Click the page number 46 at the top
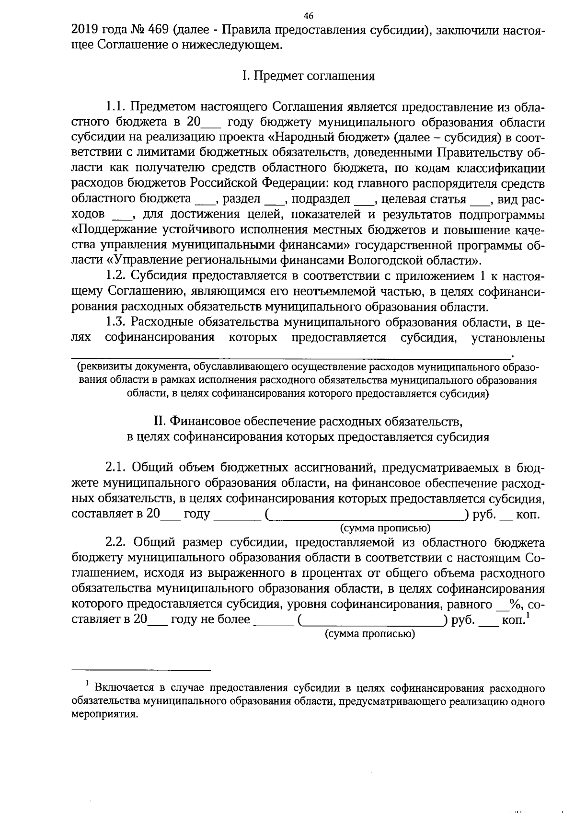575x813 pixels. click(x=309, y=16)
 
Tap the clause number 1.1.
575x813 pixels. click(x=115, y=106)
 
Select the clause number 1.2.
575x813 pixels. click(x=115, y=276)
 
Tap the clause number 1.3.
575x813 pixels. click(x=115, y=322)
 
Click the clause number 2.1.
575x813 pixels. click(x=115, y=468)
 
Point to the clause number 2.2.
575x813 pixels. click(x=115, y=543)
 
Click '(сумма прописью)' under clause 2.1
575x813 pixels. click(x=385, y=528)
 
